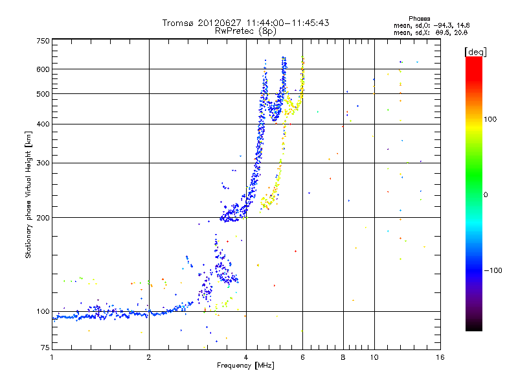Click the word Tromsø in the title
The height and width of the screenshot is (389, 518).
179,23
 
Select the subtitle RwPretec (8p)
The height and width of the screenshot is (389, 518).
245,31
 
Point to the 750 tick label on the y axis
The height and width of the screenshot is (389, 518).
43,41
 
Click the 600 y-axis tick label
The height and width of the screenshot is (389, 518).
43,69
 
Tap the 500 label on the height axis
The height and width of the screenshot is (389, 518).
43,94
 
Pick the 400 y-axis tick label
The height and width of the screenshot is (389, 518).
43,124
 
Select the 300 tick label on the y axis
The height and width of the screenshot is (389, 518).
43,163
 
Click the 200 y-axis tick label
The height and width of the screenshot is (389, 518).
43,218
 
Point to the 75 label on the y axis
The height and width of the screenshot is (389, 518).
45,348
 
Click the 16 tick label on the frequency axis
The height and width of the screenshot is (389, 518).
440,357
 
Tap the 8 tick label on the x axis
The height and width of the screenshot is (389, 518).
343,357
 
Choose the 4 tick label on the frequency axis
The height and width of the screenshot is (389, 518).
246,357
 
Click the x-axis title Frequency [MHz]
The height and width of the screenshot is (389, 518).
245,366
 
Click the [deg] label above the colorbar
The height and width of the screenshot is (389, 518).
475,52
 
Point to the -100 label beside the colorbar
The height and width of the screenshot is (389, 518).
493,270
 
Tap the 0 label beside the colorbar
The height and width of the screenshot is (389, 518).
486,195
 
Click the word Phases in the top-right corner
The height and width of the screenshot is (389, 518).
419,19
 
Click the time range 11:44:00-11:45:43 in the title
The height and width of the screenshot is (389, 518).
287,23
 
